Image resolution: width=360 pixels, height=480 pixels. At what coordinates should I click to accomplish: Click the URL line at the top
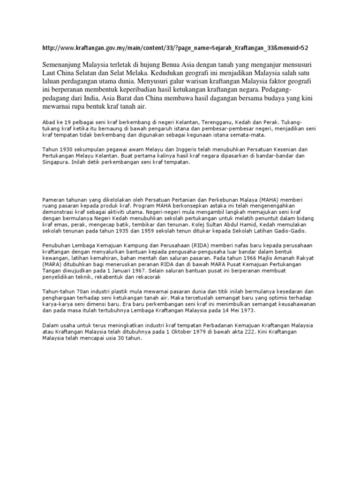point(175,48)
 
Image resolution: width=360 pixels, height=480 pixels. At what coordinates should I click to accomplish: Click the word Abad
point(49,122)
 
